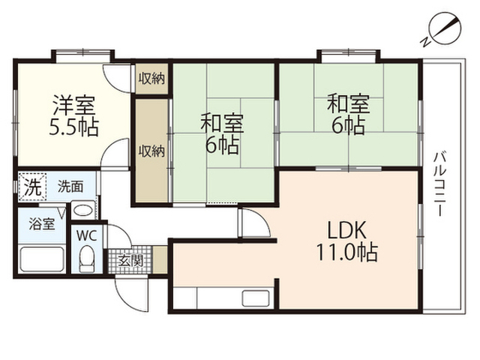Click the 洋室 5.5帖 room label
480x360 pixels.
[74, 115]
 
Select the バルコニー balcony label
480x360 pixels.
[440, 184]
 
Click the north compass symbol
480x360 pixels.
[443, 29]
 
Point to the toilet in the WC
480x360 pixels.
[87, 259]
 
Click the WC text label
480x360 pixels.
[87, 235]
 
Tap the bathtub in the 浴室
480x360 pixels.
[42, 259]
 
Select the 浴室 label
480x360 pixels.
[42, 224]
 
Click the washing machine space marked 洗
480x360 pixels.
[32, 187]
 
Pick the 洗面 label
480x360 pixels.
[70, 187]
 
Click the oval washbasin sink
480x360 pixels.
[83, 211]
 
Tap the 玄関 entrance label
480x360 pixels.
[130, 261]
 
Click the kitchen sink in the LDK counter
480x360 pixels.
[256, 298]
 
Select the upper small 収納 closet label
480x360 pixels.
[151, 79]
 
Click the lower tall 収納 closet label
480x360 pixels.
[151, 151]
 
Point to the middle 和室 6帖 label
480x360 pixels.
[222, 133]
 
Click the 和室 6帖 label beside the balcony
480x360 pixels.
[348, 115]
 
